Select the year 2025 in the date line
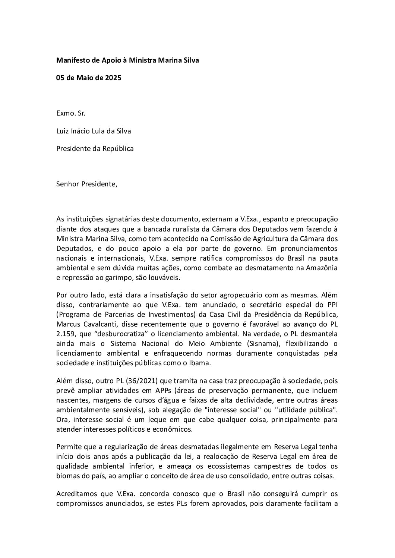click(113, 78)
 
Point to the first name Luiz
click(63, 131)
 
